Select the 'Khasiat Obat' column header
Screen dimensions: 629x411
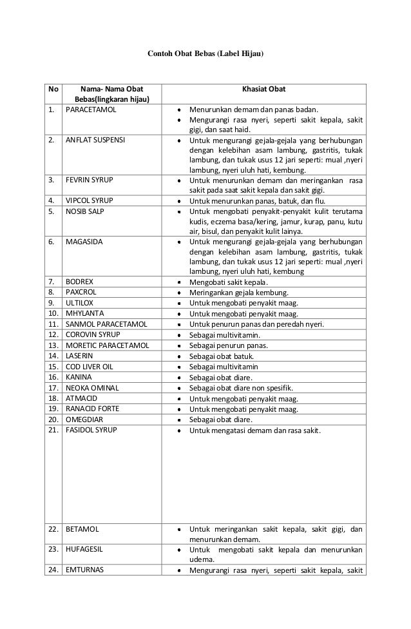(x=263, y=88)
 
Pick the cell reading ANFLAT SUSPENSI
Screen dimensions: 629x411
(x=96, y=139)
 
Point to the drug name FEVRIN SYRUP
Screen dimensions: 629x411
(x=90, y=180)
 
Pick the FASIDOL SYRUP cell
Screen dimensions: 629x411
(x=91, y=429)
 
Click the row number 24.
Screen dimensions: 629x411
(x=53, y=569)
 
